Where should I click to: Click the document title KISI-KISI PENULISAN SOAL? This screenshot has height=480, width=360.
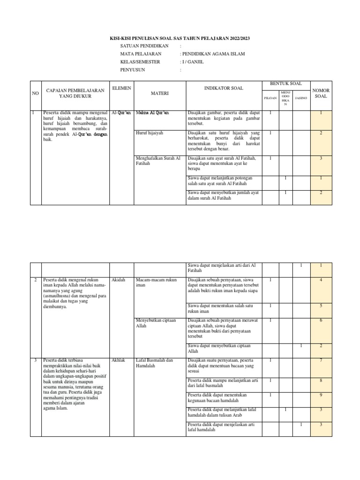(180, 38)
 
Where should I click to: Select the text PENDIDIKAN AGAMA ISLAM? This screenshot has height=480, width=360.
(213, 54)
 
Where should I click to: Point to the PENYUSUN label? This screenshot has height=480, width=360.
(133, 69)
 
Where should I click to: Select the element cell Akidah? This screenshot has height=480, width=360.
(118, 280)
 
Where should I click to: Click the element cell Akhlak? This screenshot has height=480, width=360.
(119, 360)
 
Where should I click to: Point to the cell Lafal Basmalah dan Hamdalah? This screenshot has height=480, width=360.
(154, 363)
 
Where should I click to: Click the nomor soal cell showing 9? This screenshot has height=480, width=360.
(321, 396)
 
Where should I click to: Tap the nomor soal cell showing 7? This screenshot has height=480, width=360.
(321, 360)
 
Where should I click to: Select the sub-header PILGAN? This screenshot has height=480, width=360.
(270, 98)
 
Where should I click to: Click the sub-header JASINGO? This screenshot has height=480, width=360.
(301, 98)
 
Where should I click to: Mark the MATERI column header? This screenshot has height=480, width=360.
(159, 94)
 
